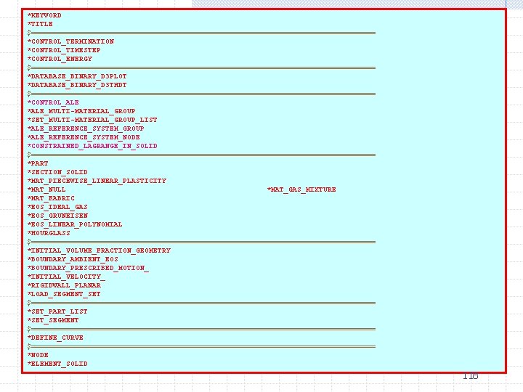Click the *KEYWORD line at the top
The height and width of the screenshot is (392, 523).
[44, 15]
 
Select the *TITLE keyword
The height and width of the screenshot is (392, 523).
[40, 24]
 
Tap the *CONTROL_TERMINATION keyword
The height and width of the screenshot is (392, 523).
[70, 41]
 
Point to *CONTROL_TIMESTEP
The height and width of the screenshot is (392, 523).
[64, 50]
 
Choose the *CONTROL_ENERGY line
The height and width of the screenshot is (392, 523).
[60, 59]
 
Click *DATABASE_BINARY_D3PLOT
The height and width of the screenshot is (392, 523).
[77, 76]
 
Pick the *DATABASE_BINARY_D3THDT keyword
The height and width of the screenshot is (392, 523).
[77, 85]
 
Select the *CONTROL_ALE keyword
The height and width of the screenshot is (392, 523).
[53, 102]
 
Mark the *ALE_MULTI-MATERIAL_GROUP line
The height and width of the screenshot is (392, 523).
[81, 111]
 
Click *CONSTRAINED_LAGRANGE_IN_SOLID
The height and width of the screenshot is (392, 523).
[92, 146]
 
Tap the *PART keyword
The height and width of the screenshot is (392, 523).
[38, 163]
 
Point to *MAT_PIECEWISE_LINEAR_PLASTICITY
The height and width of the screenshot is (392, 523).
[97, 181]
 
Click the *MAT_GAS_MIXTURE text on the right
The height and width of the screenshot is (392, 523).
[301, 189]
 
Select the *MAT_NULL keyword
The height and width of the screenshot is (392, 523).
[46, 189]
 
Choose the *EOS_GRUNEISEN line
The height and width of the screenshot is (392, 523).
[57, 216]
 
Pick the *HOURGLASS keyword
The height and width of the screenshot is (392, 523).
[49, 233]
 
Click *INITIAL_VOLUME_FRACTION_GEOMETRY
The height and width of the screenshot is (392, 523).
[99, 250]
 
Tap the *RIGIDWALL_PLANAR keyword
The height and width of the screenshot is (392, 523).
[64, 285]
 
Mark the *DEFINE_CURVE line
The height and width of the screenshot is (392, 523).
[55, 338]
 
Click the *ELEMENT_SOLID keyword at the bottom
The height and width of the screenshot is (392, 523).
[57, 364]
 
